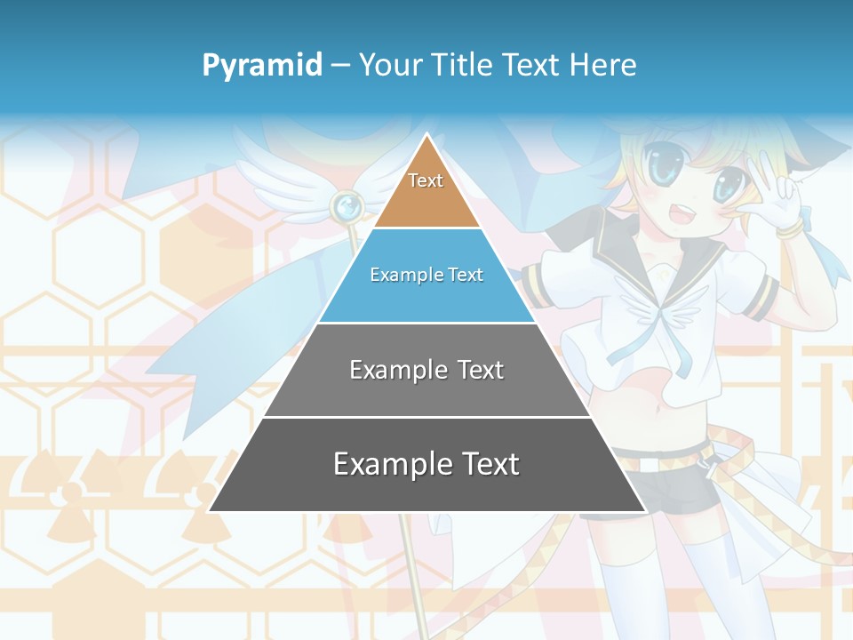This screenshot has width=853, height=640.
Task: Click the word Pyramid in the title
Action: [x=262, y=66]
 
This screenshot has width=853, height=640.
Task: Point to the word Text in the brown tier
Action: [x=426, y=180]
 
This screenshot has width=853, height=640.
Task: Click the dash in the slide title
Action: [x=340, y=66]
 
